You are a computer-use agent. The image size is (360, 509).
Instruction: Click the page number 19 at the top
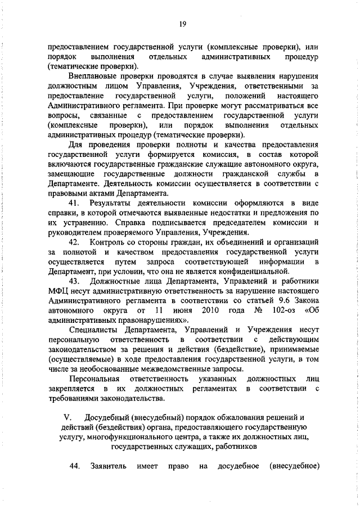click(x=182, y=23)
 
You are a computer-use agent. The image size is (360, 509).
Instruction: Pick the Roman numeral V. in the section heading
click(x=64, y=417)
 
